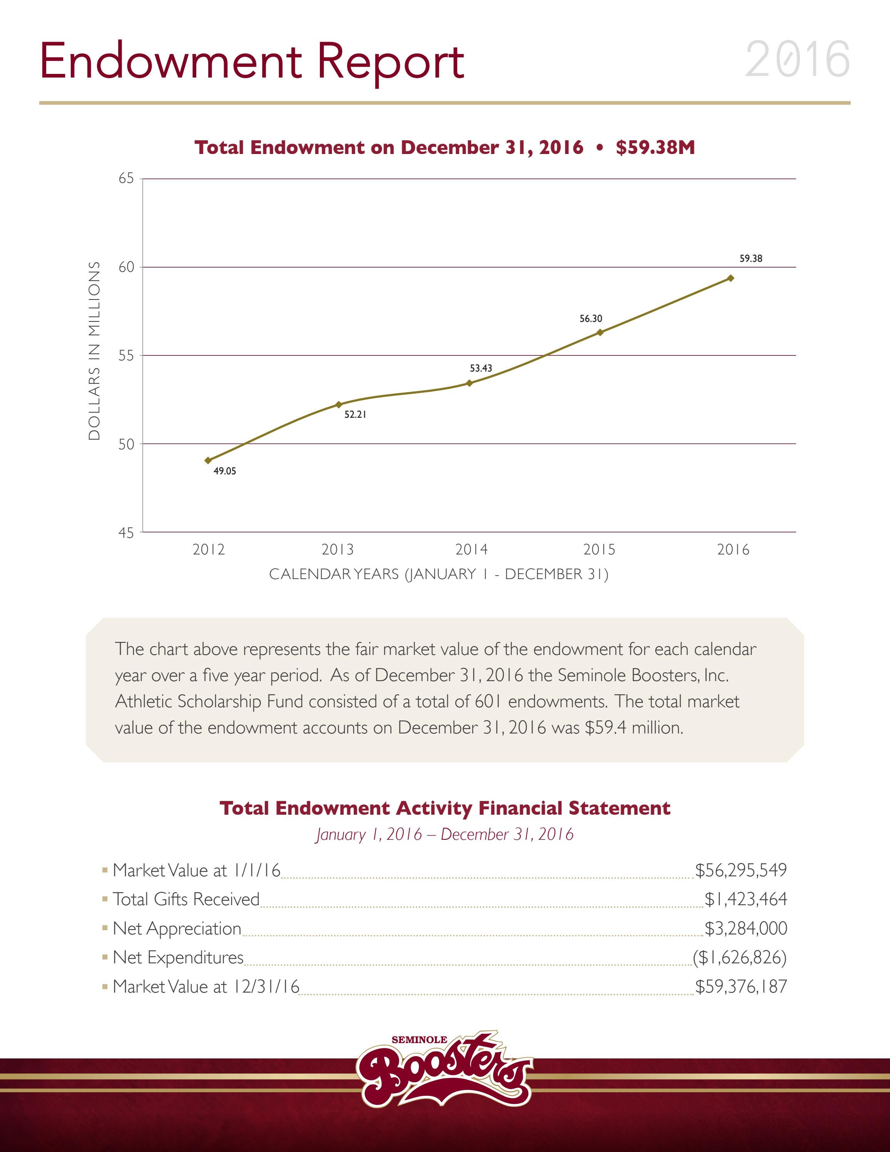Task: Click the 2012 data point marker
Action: point(208,460)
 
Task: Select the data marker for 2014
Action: point(469,383)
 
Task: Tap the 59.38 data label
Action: point(750,258)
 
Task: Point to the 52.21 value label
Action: point(355,415)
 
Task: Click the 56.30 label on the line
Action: point(591,318)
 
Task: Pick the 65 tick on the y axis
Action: point(126,178)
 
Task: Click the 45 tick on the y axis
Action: point(126,533)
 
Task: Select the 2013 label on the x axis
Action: point(338,550)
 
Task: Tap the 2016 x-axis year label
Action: point(733,550)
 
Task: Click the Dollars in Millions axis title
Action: point(94,351)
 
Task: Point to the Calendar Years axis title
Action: point(439,574)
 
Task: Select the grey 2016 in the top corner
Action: point(797,59)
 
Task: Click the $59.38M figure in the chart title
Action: point(655,147)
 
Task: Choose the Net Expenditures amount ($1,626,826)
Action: point(739,957)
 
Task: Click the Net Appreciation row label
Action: point(177,928)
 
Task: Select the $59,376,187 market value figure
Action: point(741,986)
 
